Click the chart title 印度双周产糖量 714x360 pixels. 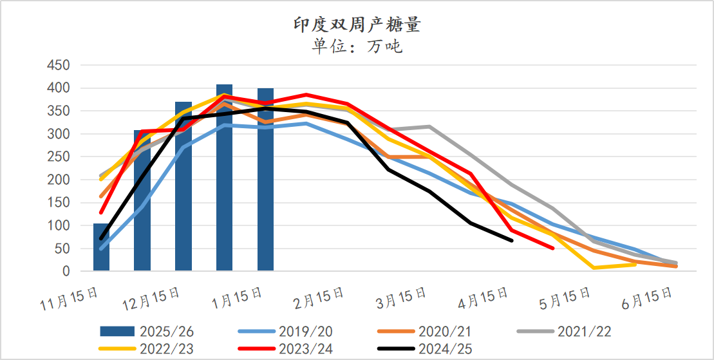click(357, 25)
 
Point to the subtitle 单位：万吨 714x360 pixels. click(357, 46)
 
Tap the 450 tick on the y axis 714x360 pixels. click(58, 65)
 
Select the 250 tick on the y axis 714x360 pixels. click(58, 157)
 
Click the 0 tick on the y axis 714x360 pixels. click(66, 272)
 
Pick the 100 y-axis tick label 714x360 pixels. click(58, 226)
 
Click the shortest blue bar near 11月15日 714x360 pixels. click(101, 248)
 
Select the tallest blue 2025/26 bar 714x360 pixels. click(224, 178)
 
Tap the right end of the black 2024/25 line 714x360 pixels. click(512, 240)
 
